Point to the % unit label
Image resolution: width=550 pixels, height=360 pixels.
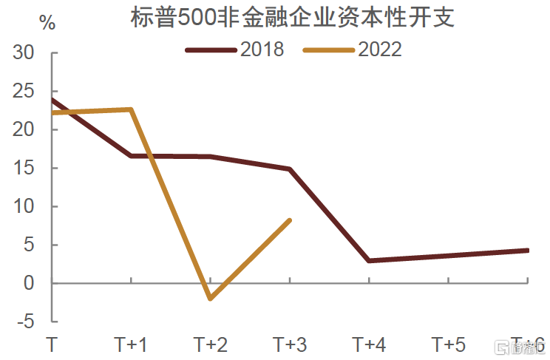[x=47, y=23]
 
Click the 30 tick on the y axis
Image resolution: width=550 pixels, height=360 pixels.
[x=24, y=53]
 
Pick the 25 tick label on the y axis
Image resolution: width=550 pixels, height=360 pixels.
[x=24, y=92]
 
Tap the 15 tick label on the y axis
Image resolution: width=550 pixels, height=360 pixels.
[x=24, y=169]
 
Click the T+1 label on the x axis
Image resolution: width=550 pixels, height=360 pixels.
[x=131, y=344]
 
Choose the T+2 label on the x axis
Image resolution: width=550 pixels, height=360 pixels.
[x=211, y=344]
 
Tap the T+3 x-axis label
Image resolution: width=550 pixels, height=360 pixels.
[x=290, y=344]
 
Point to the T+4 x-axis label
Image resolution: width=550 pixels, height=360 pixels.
[x=369, y=344]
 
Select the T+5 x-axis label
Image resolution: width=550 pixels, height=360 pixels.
[x=449, y=344]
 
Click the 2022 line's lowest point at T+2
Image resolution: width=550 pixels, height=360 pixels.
[x=211, y=299]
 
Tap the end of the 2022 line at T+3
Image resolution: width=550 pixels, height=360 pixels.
[x=290, y=220]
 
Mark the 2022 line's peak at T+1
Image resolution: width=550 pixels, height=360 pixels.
[x=131, y=109]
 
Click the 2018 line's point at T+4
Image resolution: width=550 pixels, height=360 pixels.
[x=369, y=261]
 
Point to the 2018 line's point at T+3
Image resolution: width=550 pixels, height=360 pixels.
[x=290, y=169]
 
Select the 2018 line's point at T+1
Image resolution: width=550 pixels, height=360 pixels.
[x=131, y=156]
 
